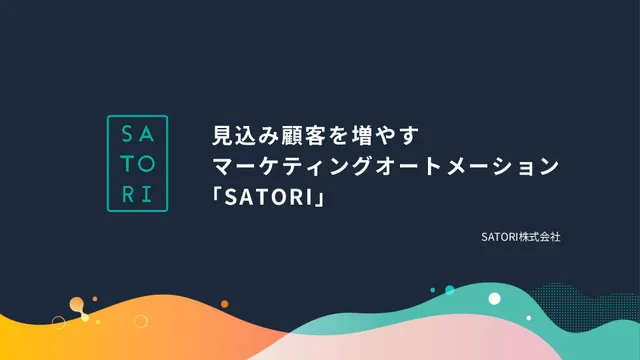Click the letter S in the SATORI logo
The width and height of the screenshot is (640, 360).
pyautogui.click(x=125, y=135)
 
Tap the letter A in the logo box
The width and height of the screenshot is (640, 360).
pyautogui.click(x=148, y=135)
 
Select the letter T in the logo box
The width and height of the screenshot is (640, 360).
pyautogui.click(x=125, y=163)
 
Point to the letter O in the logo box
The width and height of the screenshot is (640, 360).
pyautogui.click(x=148, y=163)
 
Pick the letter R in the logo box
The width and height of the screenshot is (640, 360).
pyautogui.click(x=125, y=191)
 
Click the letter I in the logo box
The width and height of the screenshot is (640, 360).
pyautogui.click(x=148, y=191)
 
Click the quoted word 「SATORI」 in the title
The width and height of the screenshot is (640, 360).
pyautogui.click(x=271, y=197)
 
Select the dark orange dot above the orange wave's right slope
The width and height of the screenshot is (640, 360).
pyautogui.click(x=95, y=299)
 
